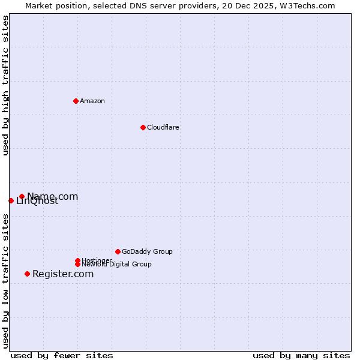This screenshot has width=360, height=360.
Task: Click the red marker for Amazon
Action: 76,101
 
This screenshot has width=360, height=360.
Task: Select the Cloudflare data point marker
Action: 143,127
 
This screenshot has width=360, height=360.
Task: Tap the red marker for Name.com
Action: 22,196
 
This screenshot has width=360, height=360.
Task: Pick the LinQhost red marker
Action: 11,200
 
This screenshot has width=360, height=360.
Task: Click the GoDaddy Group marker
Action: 118,251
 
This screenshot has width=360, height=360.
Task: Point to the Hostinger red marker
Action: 77,260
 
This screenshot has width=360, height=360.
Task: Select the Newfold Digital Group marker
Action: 77,264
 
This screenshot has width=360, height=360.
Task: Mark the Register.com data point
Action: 27,274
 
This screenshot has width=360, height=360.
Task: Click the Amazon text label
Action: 92,101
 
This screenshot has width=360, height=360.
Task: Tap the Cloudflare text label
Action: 163,127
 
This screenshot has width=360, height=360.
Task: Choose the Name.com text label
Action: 53,196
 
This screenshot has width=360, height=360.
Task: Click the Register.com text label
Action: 63,274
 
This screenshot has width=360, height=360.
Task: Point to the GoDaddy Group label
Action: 147,251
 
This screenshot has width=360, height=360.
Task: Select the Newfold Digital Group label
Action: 116,265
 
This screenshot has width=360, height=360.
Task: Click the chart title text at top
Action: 180,5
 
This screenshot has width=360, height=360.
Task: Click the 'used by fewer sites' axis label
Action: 62,356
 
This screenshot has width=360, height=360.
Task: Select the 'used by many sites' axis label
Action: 301,356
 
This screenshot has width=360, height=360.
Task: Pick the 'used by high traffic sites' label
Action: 5,85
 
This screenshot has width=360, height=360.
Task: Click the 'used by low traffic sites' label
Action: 5,281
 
